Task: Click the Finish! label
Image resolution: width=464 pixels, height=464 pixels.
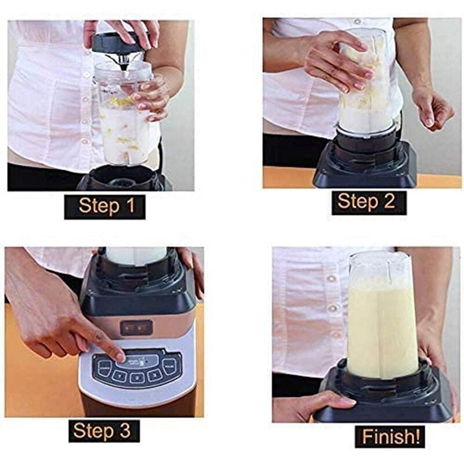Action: (x=390, y=436)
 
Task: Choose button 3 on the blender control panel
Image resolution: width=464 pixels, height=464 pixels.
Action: (x=155, y=375)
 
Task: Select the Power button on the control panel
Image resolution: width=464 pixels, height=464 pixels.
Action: (x=105, y=368)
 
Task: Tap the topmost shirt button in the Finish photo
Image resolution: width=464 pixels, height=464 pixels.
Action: (x=331, y=278)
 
